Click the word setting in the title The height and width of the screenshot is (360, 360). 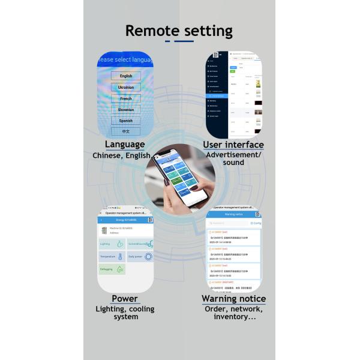coord(207,31)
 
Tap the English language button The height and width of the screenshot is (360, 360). coord(126,76)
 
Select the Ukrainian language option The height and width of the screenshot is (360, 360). coord(126,88)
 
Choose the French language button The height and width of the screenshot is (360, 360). coord(126,98)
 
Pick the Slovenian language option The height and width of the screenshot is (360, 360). coord(126,110)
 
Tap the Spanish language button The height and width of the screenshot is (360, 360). coord(126,121)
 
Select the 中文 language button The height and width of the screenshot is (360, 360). coord(126,131)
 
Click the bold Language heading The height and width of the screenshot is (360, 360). coord(125,145)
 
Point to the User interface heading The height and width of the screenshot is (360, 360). coord(233,145)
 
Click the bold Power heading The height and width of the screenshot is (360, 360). coord(125,299)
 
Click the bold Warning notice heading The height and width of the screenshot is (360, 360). coord(233,299)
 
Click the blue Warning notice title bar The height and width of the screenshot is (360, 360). coord(233,214)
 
